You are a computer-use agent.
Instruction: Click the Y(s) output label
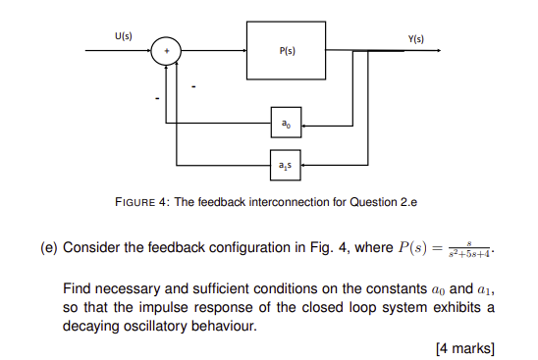415,38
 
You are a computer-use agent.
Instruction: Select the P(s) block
286,48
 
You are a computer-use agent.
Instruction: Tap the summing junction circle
168,49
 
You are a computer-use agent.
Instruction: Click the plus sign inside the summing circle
168,49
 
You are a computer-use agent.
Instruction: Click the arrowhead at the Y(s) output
424,49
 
